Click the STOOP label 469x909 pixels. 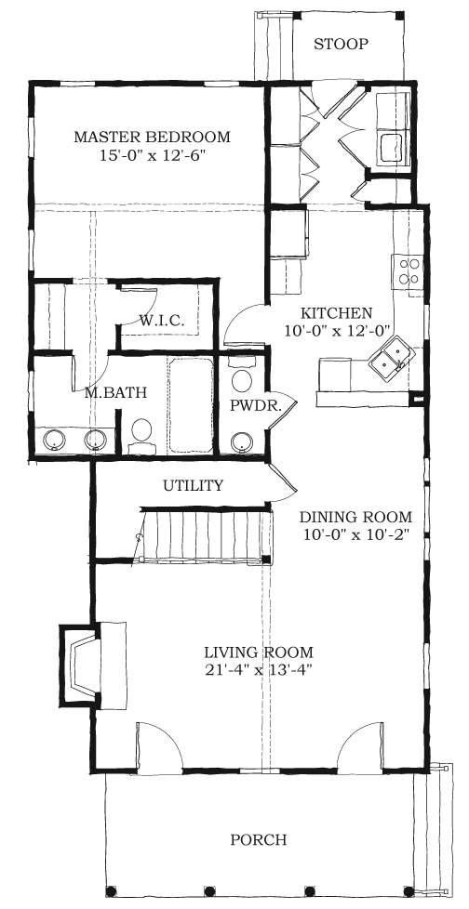coord(341,44)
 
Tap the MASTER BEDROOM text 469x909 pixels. coord(152,138)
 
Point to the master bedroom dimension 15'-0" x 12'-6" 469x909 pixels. coord(152,155)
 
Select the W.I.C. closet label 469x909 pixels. coord(162,320)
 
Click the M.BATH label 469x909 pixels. coord(114,392)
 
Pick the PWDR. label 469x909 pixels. coord(255,406)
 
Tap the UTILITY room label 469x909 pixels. coord(193,485)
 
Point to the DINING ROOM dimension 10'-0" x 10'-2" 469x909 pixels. coord(356,534)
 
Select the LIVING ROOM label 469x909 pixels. coord(259,652)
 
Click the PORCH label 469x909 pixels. coord(259,839)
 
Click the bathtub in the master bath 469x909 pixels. coord(191,406)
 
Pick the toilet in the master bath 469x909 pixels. coord(141,435)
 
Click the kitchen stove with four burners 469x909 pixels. coord(409,271)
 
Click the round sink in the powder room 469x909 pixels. coord(241,442)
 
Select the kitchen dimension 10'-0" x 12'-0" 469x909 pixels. coord(337,331)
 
